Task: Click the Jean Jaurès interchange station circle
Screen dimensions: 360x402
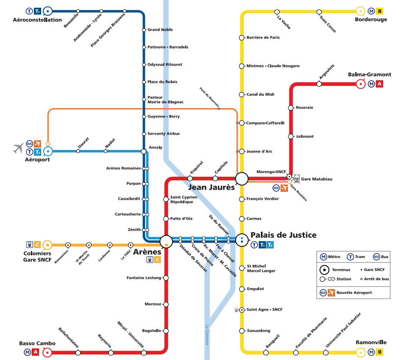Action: click(242, 178)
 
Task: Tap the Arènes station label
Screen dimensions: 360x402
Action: click(147, 251)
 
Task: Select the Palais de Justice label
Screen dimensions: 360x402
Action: click(283, 235)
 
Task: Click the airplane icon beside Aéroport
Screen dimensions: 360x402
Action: click(18, 148)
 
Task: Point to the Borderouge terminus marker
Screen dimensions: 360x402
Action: click(361, 11)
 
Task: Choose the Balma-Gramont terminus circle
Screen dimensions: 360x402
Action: click(361, 84)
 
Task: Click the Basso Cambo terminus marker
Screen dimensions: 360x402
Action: click(48, 353)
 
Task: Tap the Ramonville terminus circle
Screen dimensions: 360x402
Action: click(361, 353)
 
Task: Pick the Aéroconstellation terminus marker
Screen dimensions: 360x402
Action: click(48, 11)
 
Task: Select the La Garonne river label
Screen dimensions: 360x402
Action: click(207, 334)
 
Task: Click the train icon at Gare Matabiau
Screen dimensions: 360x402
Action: click(297, 178)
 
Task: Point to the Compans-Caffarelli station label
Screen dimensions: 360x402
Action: click(265, 123)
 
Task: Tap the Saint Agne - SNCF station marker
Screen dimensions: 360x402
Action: click(242, 309)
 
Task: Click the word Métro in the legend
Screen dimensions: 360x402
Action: click(334, 257)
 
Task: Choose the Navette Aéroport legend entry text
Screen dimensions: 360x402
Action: click(354, 293)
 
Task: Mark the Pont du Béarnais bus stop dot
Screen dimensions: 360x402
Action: click(219, 109)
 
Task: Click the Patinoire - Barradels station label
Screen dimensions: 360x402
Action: click(168, 47)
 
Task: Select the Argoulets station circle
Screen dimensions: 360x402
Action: click(319, 84)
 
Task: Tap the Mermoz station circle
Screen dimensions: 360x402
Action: click(166, 304)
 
